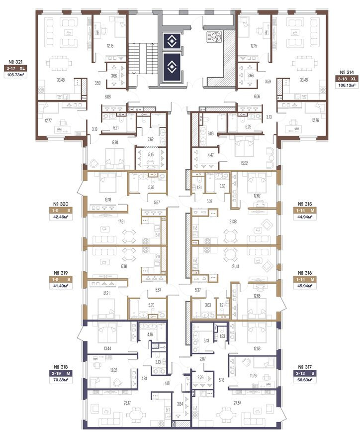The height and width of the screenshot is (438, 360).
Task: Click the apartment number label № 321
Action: [x=15, y=62]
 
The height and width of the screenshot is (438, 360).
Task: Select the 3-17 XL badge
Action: [x=15, y=68]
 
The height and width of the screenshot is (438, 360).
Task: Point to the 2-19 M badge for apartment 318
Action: [x=61, y=373]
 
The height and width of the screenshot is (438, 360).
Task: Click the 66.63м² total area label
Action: [x=304, y=380]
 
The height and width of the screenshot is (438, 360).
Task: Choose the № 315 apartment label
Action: [x=305, y=204]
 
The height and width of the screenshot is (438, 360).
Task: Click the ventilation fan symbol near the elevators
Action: [x=214, y=37]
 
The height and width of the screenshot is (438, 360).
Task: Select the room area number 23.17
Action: [x=126, y=403]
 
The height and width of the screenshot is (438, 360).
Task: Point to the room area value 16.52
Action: [x=244, y=164]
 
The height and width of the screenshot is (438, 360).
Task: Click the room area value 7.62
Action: [x=151, y=139]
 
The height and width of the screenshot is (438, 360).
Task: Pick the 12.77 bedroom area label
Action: [x=48, y=120]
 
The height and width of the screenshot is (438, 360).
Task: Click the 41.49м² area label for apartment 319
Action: [x=61, y=286]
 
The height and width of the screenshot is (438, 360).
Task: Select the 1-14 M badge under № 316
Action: [x=304, y=279]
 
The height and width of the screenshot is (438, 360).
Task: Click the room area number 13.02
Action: [x=113, y=371]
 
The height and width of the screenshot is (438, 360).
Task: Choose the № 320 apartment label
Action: [x=61, y=204]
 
